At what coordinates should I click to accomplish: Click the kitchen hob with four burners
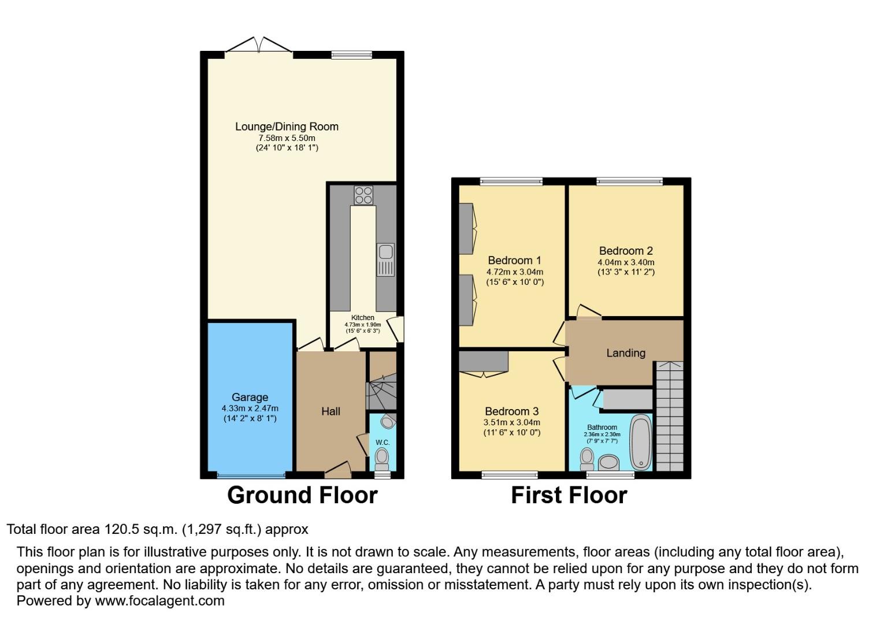(x=363, y=195)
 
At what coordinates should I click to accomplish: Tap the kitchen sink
(x=385, y=259)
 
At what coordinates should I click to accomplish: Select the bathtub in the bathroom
(x=640, y=442)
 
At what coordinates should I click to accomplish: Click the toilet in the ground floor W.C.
(x=381, y=460)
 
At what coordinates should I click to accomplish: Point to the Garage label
(x=250, y=398)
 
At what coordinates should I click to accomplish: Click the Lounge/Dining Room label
(x=287, y=127)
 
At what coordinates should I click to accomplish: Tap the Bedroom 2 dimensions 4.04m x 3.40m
(x=626, y=262)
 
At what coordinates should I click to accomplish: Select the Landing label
(x=625, y=353)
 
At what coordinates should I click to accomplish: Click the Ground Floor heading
(x=302, y=496)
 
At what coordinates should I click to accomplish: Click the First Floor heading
(x=569, y=496)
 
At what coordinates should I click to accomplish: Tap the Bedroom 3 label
(x=511, y=411)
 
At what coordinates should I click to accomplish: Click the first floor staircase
(x=669, y=416)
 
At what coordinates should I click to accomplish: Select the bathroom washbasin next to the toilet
(x=608, y=462)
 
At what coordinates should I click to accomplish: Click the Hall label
(x=331, y=411)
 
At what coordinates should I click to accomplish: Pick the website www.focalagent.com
(x=159, y=601)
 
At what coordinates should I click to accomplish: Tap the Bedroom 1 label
(x=514, y=261)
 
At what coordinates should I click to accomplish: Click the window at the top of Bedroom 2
(x=629, y=181)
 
